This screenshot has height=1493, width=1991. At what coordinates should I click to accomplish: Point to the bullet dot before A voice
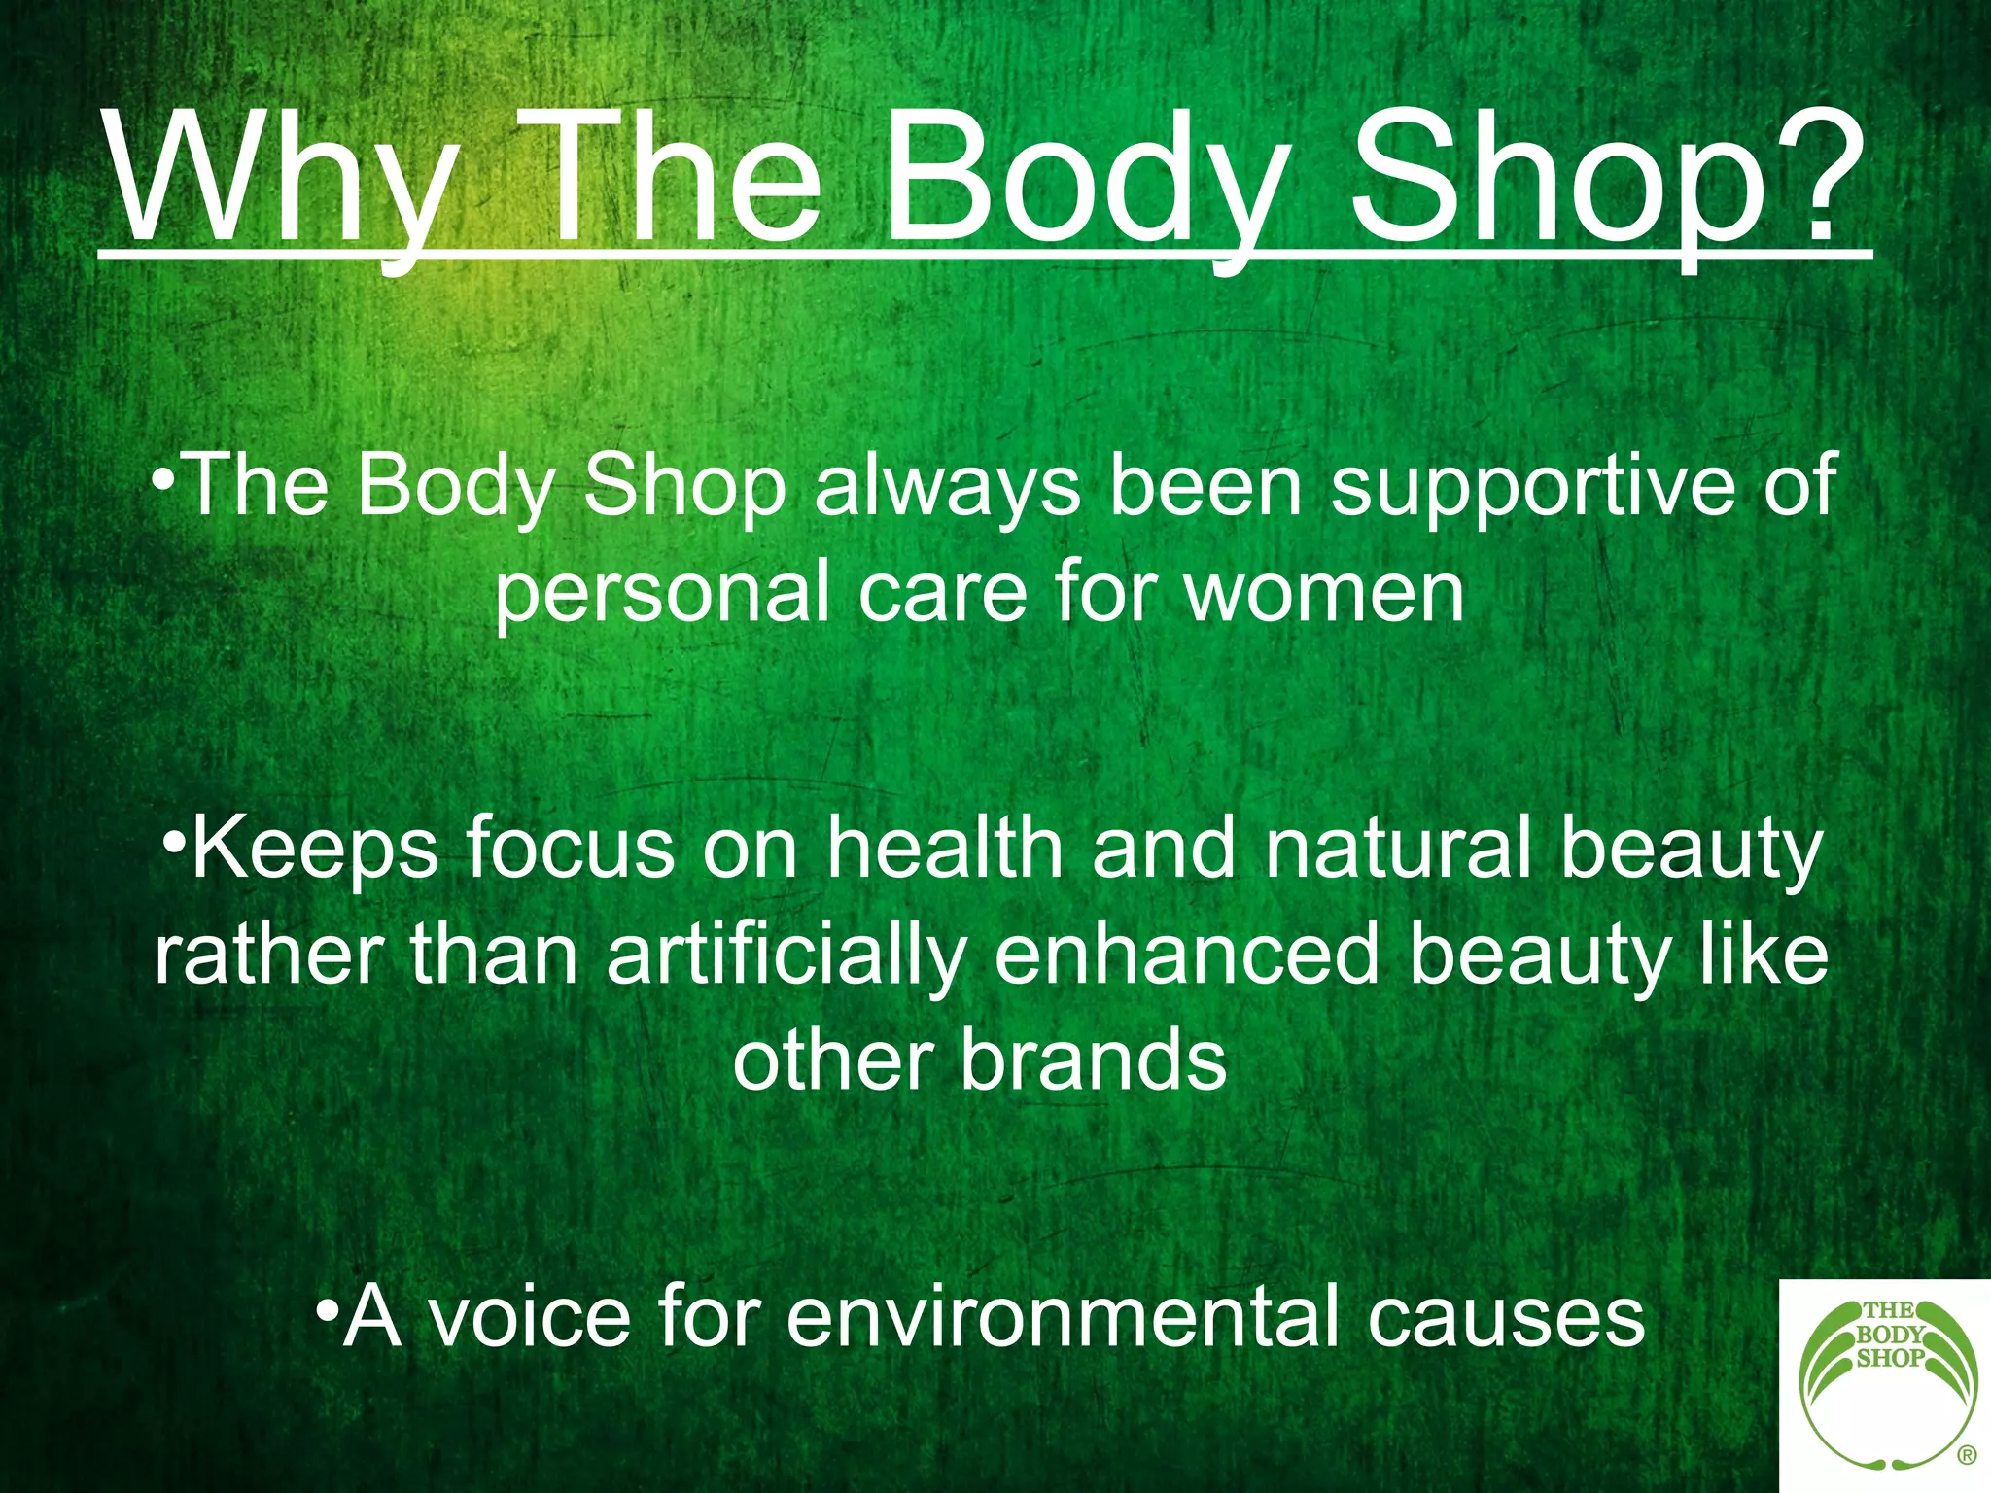pyautogui.click(x=328, y=1304)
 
